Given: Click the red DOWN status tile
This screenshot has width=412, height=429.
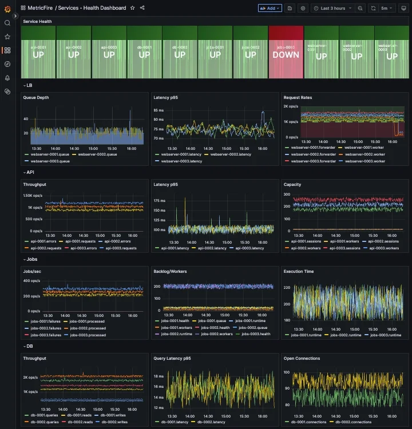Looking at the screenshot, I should point(286,52).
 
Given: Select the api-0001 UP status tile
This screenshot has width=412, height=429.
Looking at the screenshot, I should point(38,52).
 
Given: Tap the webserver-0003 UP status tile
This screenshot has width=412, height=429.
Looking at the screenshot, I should point(391,52).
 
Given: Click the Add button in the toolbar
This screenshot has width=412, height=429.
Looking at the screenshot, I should point(270,8).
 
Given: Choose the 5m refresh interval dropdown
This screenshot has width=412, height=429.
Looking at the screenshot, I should point(387,8).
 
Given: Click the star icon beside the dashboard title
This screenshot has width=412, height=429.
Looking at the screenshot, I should point(133,8).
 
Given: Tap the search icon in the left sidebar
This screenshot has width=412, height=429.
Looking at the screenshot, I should point(7,23).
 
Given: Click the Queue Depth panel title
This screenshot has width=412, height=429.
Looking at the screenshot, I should point(36,98).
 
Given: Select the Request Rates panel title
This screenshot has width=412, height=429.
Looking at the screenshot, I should point(298,98).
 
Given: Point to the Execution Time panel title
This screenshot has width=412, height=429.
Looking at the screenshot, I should point(300,272).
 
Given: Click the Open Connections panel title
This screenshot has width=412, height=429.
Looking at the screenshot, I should point(303,359).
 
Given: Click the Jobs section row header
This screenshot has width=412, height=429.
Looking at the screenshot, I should point(32,259).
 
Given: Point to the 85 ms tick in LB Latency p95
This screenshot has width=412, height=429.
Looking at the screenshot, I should point(159,111).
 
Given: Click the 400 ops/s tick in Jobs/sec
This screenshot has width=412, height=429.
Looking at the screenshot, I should point(31,281).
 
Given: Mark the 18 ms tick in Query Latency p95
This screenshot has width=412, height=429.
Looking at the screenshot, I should point(159,376).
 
